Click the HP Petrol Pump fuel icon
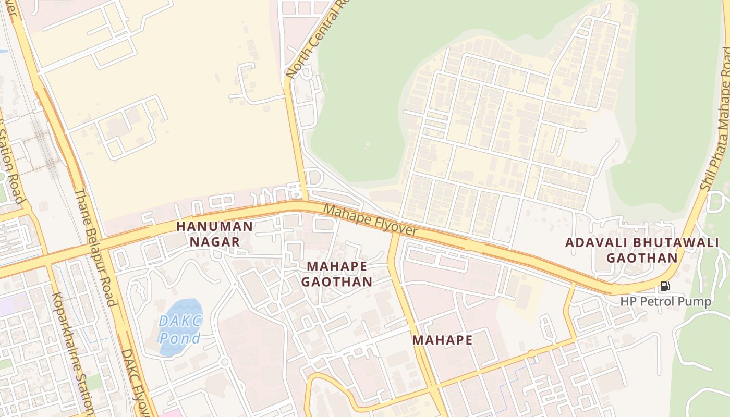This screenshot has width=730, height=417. pyautogui.click(x=665, y=286)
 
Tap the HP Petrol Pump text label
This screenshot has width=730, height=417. pyautogui.click(x=665, y=301)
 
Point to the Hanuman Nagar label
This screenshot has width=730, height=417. pyautogui.click(x=214, y=234)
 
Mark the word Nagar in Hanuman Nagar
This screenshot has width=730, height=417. pyautogui.click(x=214, y=242)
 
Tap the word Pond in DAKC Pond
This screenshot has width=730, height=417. pyautogui.click(x=180, y=338)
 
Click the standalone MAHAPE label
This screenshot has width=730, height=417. pyautogui.click(x=442, y=340)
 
